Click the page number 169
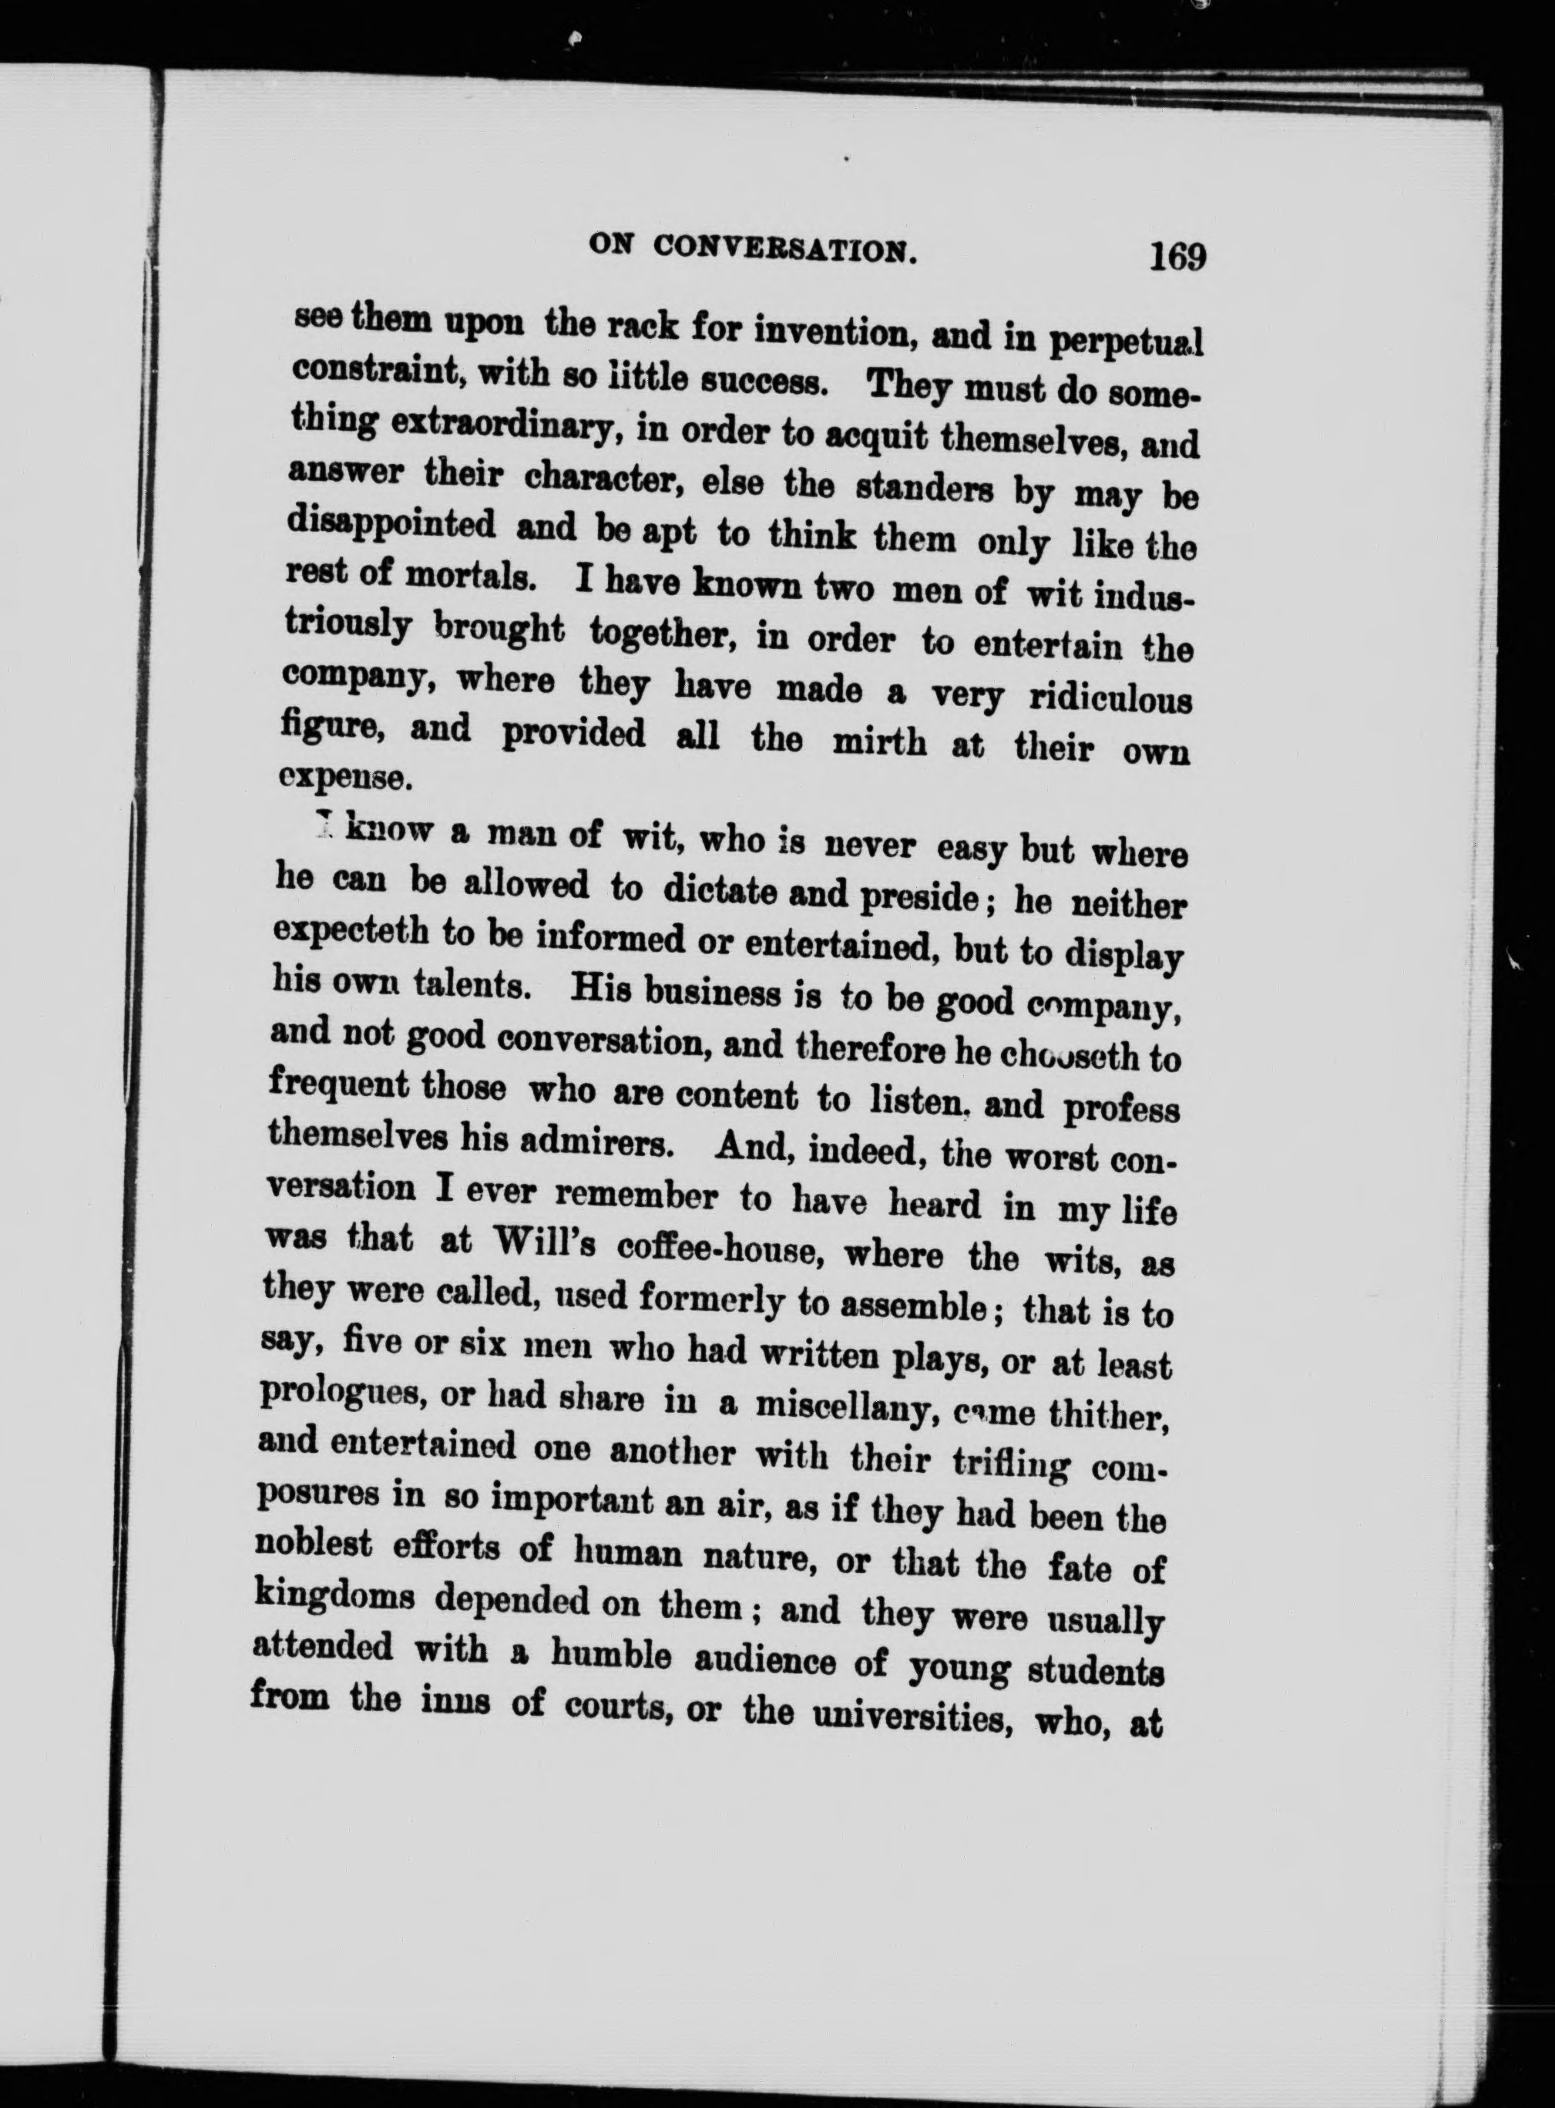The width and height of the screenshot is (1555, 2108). click(1176, 256)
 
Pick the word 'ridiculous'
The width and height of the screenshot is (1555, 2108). click(1112, 701)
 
